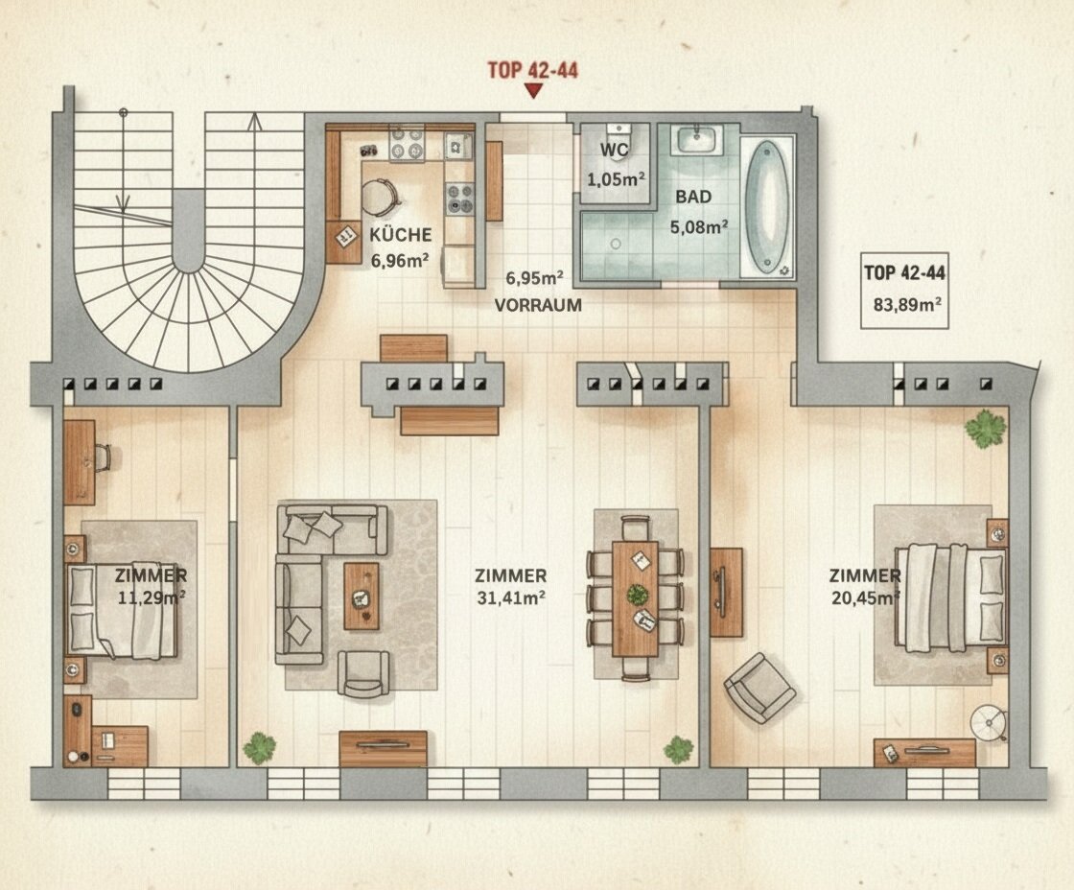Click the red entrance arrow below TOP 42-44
[x=533, y=90]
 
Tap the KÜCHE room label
[x=401, y=235]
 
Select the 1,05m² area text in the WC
[x=616, y=179]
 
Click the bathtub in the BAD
[x=767, y=207]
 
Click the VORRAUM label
[x=538, y=306]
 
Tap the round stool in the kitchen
[x=377, y=196]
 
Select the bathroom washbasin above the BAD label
[x=698, y=141]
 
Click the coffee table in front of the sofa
[x=361, y=597]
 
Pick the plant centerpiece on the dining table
[x=637, y=594]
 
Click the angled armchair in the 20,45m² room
[x=759, y=689]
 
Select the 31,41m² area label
[x=511, y=597]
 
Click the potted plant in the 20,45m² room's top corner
[x=986, y=429]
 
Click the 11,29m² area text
[x=152, y=597]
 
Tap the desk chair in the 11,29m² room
[x=103, y=457]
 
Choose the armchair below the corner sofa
[x=363, y=673]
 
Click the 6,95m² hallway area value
[x=534, y=278]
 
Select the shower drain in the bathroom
[x=616, y=244]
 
